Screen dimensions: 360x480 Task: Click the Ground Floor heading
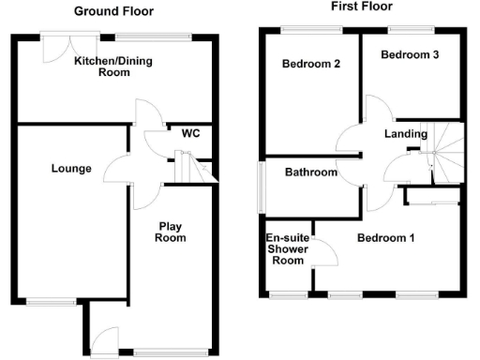click(x=114, y=12)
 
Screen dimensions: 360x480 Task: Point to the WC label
click(x=191, y=133)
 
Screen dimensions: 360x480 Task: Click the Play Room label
click(x=171, y=232)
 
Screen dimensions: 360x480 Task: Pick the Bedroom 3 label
click(x=410, y=55)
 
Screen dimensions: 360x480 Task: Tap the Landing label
click(x=406, y=134)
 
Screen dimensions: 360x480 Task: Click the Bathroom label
click(x=311, y=172)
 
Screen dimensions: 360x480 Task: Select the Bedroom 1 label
click(x=385, y=238)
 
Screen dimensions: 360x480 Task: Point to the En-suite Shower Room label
click(x=288, y=249)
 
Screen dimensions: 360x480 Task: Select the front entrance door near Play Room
click(x=106, y=340)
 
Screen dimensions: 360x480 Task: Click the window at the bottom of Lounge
click(x=51, y=302)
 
